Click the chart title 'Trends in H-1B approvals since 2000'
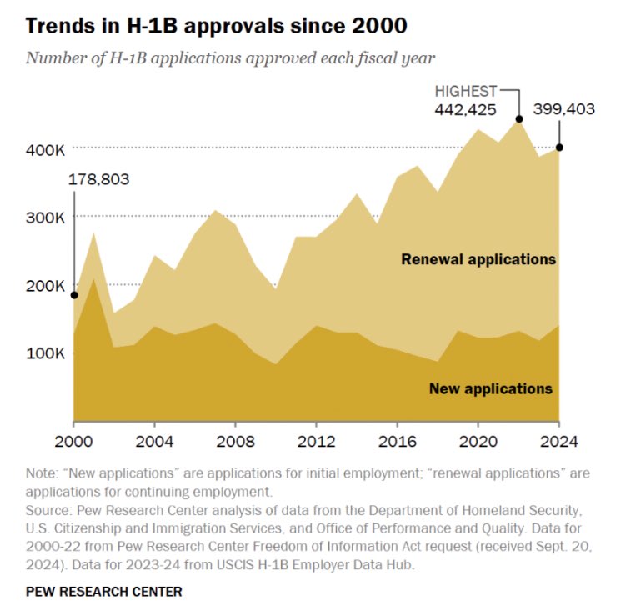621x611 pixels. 216,26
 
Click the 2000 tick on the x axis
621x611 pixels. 74,441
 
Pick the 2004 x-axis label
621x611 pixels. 154,441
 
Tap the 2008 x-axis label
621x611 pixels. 235,441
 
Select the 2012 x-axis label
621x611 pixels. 316,441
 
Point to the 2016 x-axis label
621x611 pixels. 397,441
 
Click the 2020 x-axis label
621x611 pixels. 478,441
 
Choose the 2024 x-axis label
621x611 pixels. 558,441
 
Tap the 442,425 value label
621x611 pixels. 464,109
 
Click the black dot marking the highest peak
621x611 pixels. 518,119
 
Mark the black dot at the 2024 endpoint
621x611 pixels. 558,148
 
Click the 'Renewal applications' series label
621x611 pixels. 478,259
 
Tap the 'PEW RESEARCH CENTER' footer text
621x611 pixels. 104,592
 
